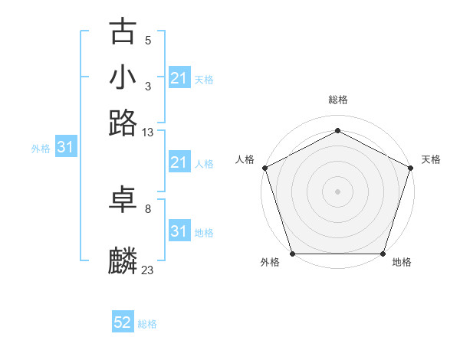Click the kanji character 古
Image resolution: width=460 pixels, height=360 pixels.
point(123,33)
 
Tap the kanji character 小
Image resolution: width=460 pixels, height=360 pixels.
point(123,77)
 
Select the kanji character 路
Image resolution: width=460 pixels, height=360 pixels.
point(123,123)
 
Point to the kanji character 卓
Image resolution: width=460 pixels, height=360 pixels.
point(123,200)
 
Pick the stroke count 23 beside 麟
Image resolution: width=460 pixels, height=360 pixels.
point(148,269)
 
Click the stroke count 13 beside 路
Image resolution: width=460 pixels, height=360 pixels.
point(148,133)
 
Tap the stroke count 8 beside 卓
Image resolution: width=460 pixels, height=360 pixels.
point(148,208)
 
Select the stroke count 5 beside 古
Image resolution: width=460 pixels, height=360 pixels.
point(148,41)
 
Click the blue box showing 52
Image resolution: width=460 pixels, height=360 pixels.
point(123,322)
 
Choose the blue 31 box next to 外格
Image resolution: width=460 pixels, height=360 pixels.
point(65,147)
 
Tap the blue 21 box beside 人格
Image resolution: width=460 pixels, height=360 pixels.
point(179,162)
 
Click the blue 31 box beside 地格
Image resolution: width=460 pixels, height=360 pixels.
point(179,231)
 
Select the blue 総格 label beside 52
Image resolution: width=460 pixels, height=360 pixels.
point(147,324)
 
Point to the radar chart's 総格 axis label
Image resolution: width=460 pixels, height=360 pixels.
point(337,100)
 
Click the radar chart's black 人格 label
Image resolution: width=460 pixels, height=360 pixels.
point(245,159)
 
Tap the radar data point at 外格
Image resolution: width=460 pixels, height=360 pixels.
point(293,254)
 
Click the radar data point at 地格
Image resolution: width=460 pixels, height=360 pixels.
point(383,254)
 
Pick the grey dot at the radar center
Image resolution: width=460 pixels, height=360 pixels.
point(337,191)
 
